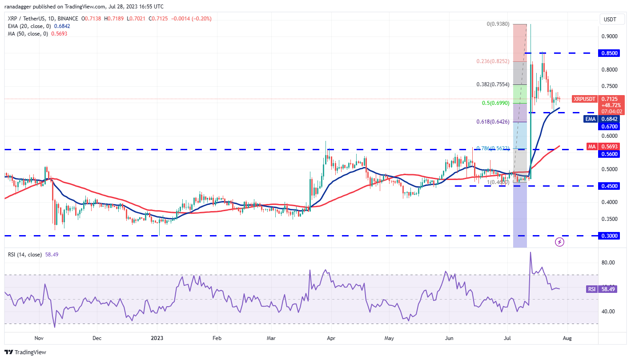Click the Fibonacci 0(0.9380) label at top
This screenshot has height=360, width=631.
point(498,24)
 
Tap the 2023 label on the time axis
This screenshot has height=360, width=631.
point(157,338)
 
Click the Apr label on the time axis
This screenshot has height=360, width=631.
point(331,338)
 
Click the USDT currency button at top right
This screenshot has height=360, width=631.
point(610,19)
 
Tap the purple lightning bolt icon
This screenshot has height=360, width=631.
point(560,242)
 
